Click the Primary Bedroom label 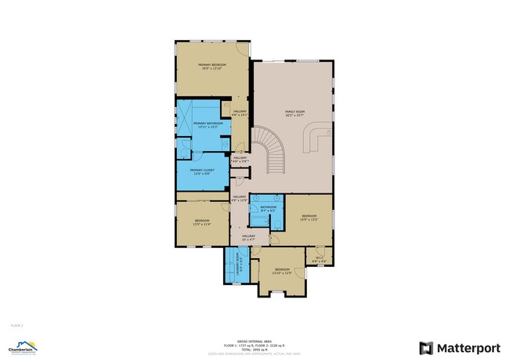[211, 66]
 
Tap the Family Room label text [294, 113]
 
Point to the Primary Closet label [202, 171]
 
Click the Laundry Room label [232, 265]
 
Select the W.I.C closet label [319, 259]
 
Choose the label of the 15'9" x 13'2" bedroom [309, 218]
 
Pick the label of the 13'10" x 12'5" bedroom [282, 271]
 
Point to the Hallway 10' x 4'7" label [248, 237]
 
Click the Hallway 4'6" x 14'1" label [240, 113]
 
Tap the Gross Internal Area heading [254, 340]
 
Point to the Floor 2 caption [16, 323]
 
